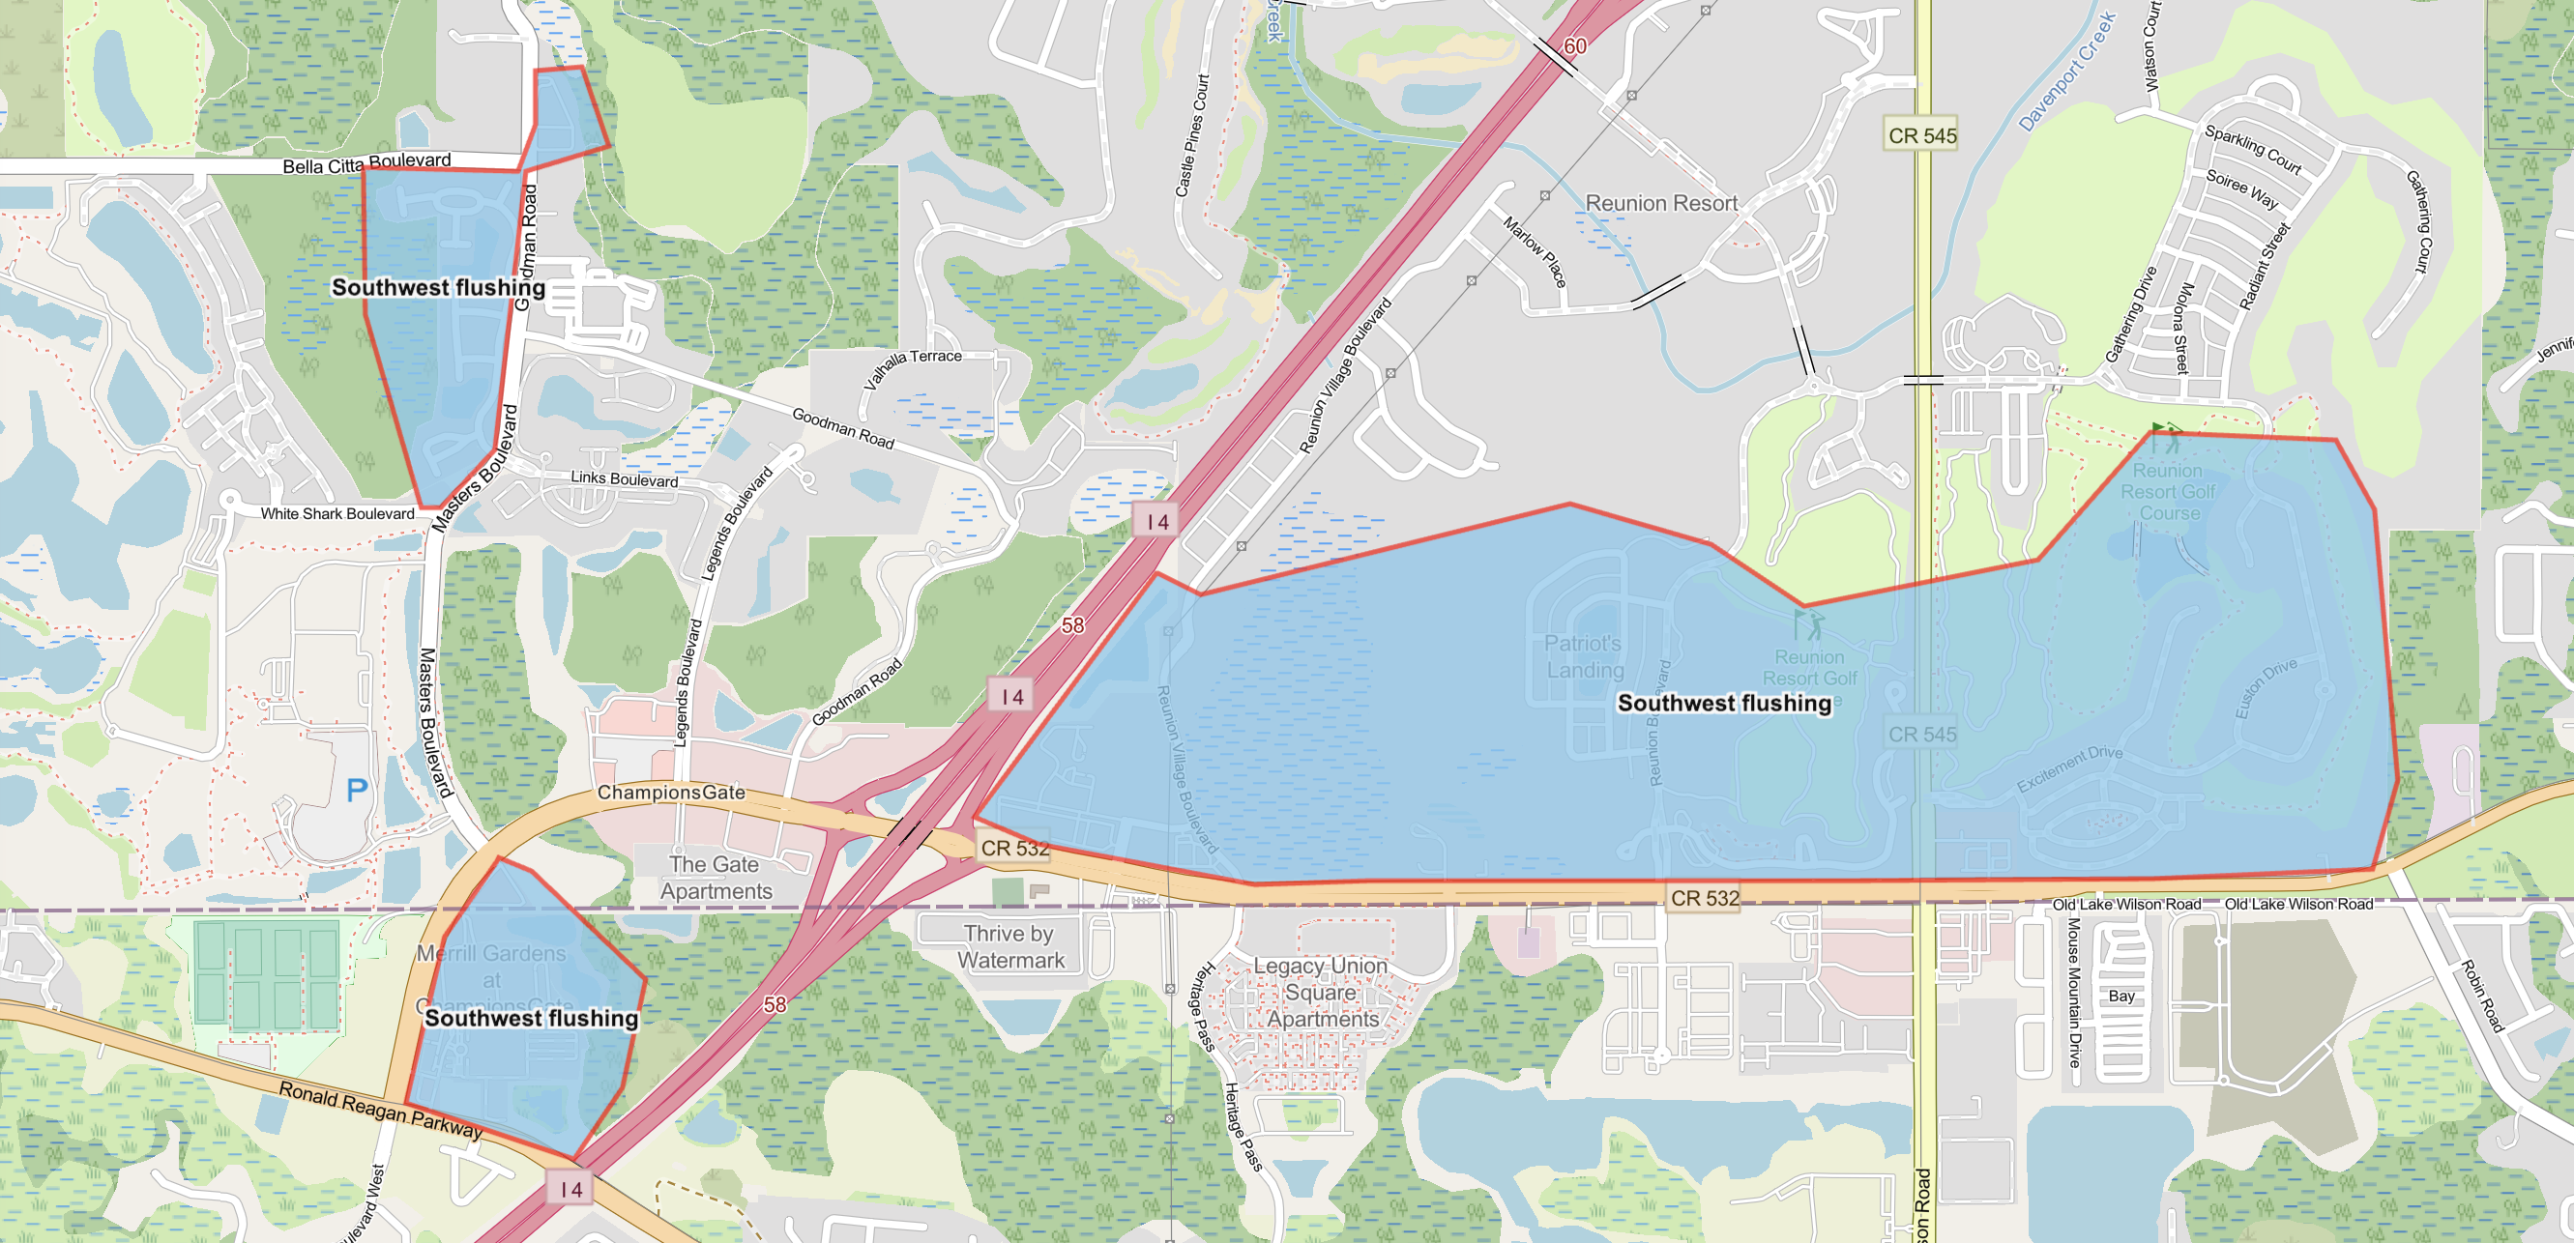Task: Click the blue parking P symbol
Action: coord(357,791)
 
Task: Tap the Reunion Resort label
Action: coord(1660,204)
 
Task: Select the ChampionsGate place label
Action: coord(670,793)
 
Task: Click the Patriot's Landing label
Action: coord(1584,656)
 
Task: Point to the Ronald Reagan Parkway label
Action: coord(380,1109)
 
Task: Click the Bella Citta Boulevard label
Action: coord(366,163)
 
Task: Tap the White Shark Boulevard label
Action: coord(336,513)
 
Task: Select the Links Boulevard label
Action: coord(624,478)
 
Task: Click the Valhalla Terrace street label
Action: coord(912,368)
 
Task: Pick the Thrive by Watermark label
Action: coord(1009,946)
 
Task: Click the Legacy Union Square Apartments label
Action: coord(1321,993)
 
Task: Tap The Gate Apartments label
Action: coord(716,878)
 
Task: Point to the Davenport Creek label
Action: coord(2066,72)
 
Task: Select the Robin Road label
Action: coord(2482,996)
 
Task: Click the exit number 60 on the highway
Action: coord(1575,46)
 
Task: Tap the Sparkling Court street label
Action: coord(2252,150)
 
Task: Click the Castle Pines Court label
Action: coord(1192,135)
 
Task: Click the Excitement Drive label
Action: coord(2068,768)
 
